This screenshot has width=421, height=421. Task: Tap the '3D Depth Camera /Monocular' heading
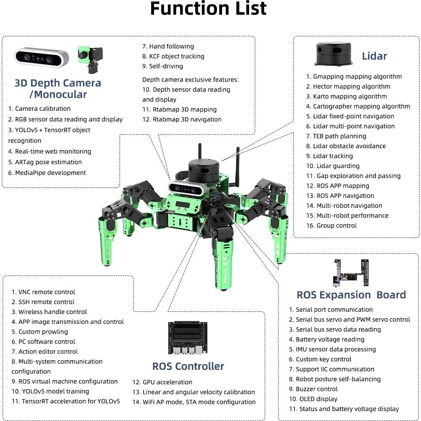click(58, 89)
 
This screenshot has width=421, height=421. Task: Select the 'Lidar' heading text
click(374, 56)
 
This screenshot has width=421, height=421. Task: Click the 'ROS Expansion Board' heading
click(351, 295)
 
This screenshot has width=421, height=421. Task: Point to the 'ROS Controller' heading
click(188, 366)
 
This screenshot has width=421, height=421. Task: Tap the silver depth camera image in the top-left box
click(42, 57)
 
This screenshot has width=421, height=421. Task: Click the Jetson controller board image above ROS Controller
click(188, 338)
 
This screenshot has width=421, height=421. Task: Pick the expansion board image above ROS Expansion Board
click(352, 273)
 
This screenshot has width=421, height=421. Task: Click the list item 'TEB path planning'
click(336, 136)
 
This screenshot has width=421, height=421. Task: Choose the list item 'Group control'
click(331, 225)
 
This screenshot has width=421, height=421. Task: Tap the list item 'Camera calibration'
click(39, 108)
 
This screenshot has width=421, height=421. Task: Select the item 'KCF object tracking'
click(173, 56)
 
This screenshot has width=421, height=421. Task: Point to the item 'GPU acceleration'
click(162, 382)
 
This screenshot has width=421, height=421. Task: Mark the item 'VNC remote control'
click(43, 292)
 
